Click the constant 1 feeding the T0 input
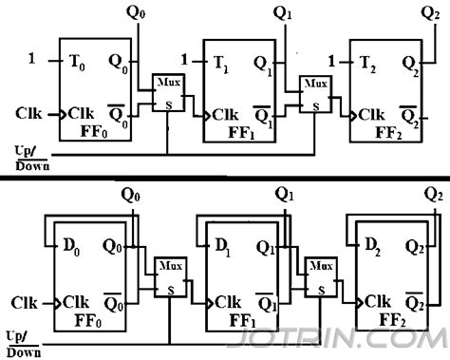click(x=32, y=60)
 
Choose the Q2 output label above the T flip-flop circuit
click(x=428, y=12)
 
